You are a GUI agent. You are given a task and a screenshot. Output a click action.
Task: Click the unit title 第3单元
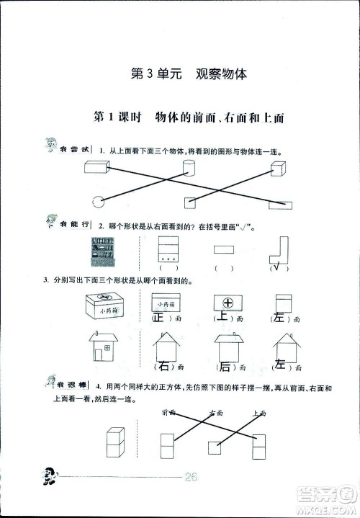[x=150, y=74]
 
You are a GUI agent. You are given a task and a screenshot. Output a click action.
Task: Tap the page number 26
[x=191, y=475]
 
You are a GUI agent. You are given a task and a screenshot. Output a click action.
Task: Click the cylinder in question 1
[x=188, y=169]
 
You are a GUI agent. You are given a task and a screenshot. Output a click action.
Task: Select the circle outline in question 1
[x=96, y=201]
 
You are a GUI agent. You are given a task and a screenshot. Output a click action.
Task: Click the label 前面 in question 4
[x=170, y=413]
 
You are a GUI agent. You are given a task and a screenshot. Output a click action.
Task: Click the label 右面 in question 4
[x=216, y=413]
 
